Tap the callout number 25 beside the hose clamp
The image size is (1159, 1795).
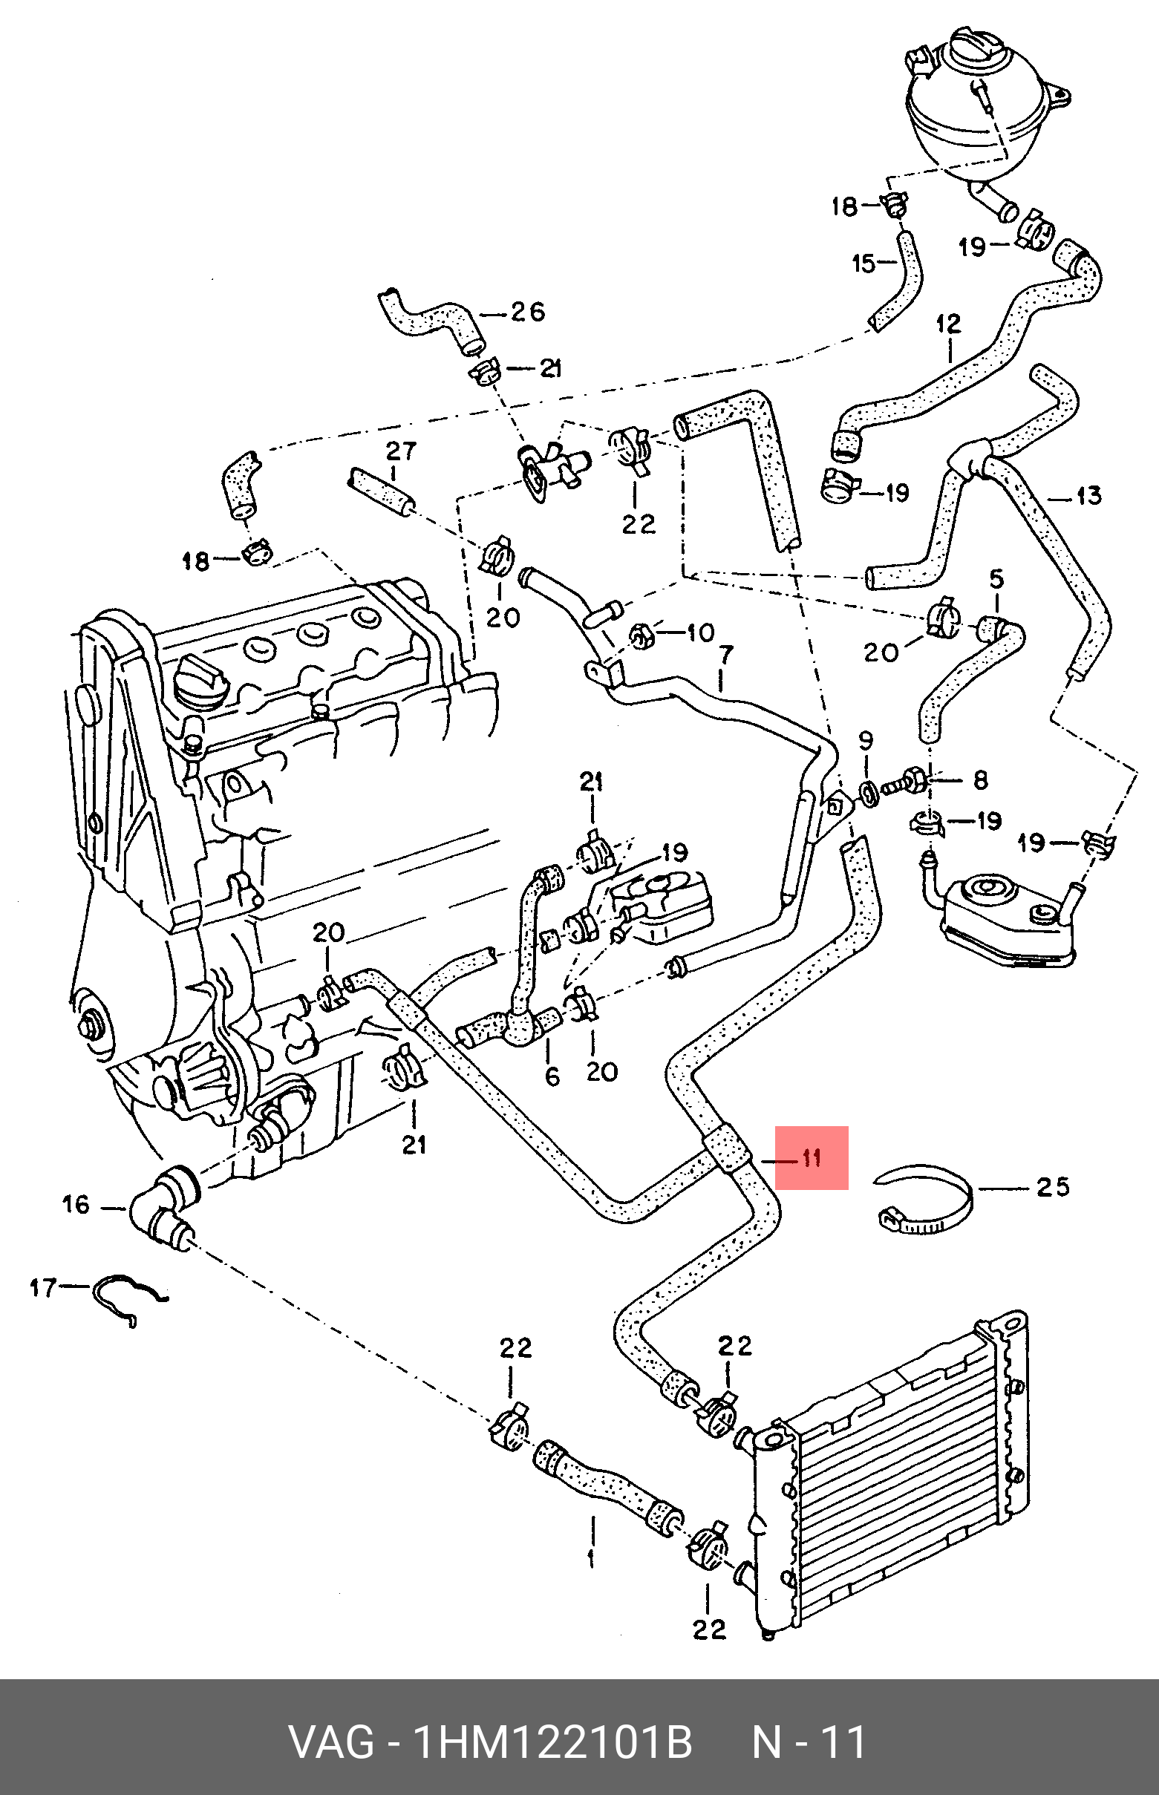pos(1052,1187)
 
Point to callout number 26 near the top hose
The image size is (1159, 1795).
pos(527,312)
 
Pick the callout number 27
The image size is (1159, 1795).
pos(400,451)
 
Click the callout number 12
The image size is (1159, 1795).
pos(948,325)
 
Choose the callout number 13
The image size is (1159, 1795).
pos(1088,496)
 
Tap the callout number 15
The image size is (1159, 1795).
pos(863,264)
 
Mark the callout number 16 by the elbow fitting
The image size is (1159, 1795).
pos(75,1204)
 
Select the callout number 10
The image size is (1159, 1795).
pos(700,632)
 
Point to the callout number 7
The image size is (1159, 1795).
pos(724,656)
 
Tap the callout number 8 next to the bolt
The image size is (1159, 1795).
pos(980,780)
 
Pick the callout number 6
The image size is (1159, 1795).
pos(552,1076)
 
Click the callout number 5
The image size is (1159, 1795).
pos(996,579)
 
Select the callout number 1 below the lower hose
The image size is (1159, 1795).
pos(591,1557)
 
